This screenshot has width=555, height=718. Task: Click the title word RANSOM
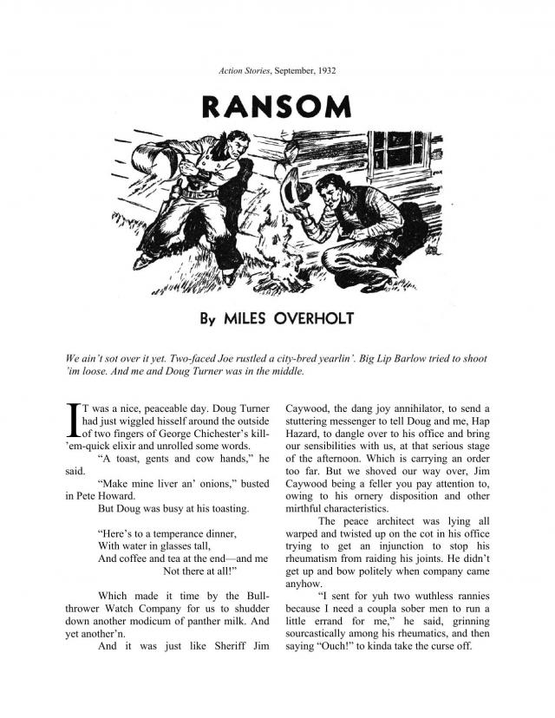pos(277,106)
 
